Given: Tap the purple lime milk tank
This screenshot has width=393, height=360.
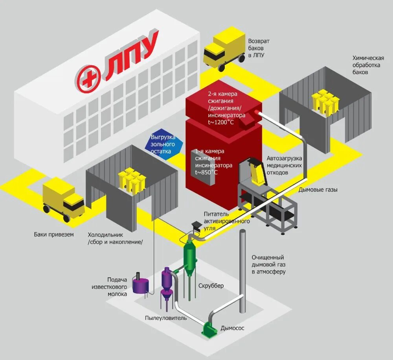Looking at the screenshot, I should coord(140,284).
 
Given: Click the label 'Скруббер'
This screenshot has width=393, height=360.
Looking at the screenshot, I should coord(211,286).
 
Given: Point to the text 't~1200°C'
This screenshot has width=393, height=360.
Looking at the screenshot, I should coord(220,122).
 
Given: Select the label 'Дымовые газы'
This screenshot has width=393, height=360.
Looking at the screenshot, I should coord(318,190).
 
